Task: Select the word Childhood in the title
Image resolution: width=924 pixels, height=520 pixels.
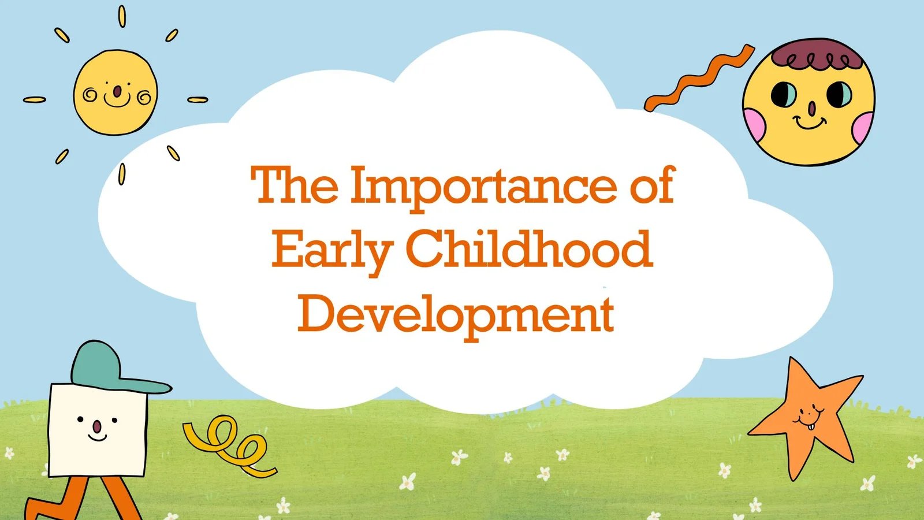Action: coord(529,247)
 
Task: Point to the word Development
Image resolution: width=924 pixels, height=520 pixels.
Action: coord(456,315)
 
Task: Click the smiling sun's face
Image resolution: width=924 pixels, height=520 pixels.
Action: coord(115,92)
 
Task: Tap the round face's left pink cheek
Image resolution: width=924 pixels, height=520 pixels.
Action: coord(754,124)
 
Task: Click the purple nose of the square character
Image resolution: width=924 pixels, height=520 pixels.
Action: coord(96,427)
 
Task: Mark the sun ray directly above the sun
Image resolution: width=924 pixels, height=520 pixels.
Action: coord(122,17)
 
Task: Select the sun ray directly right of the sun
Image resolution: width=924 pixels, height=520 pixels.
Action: coord(198,99)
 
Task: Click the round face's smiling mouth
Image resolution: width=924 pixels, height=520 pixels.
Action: coord(809,122)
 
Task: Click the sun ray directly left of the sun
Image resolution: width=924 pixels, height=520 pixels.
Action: coord(34,99)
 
